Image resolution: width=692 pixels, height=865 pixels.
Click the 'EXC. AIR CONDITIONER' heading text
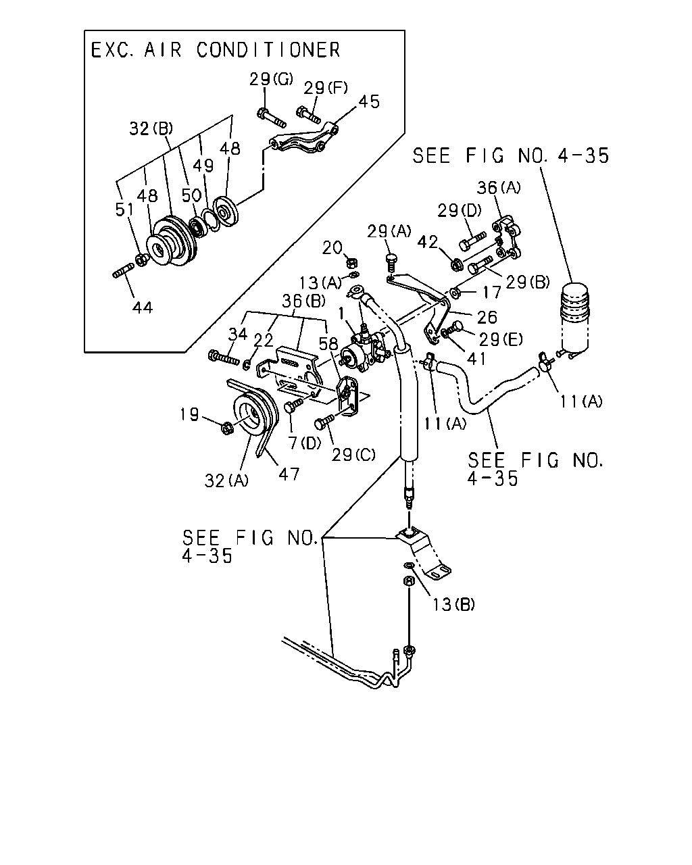tap(216, 50)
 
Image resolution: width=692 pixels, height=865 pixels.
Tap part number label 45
tap(369, 101)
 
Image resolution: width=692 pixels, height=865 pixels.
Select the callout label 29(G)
tap(271, 79)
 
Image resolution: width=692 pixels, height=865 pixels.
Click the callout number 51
tap(124, 209)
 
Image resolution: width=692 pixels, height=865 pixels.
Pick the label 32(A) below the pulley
tap(226, 480)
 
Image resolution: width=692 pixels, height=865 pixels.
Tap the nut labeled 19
tap(226, 428)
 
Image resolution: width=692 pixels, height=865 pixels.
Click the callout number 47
tap(289, 474)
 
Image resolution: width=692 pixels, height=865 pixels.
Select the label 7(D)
tap(305, 443)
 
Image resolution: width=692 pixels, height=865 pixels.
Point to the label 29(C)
tap(353, 454)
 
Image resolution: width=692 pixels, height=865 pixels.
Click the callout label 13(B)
tap(453, 604)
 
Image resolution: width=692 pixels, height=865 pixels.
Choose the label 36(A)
tap(499, 187)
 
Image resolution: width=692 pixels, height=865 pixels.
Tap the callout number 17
tap(491, 293)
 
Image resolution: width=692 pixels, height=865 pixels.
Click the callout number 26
tap(487, 317)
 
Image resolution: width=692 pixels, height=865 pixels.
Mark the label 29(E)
tap(501, 340)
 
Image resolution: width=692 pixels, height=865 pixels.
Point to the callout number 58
tap(328, 344)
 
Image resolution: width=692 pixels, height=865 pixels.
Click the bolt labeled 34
tap(224, 357)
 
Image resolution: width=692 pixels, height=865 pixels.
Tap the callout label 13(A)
tap(320, 283)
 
